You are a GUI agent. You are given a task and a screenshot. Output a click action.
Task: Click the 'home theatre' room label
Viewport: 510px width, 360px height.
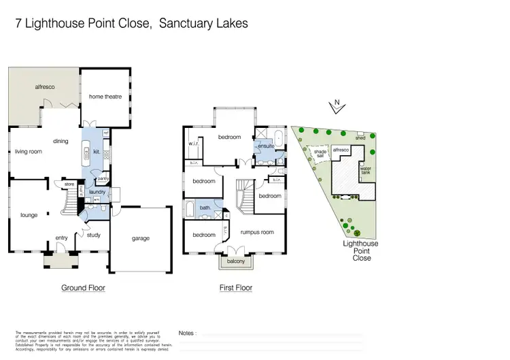tap(105, 97)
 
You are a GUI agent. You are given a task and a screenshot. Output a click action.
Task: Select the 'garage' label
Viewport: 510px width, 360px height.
tap(140, 238)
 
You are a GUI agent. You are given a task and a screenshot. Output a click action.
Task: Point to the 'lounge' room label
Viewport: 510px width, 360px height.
tap(29, 215)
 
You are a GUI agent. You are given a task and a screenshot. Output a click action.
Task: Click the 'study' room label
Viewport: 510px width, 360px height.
tap(94, 235)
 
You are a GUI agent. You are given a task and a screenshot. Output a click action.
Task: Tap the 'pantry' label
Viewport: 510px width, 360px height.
tap(103, 179)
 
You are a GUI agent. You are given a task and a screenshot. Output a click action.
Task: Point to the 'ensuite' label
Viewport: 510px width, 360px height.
tap(265, 146)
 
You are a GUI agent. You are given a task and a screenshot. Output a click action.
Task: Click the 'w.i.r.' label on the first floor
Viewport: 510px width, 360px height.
tap(192, 143)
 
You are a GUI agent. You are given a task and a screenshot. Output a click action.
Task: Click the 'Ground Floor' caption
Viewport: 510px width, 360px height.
tap(83, 288)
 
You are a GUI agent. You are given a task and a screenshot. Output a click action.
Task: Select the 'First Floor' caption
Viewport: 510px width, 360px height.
tap(236, 288)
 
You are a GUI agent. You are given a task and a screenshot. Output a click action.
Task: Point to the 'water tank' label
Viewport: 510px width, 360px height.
tap(365, 170)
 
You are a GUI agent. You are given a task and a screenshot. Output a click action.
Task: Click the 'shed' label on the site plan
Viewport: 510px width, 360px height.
tap(360, 138)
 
